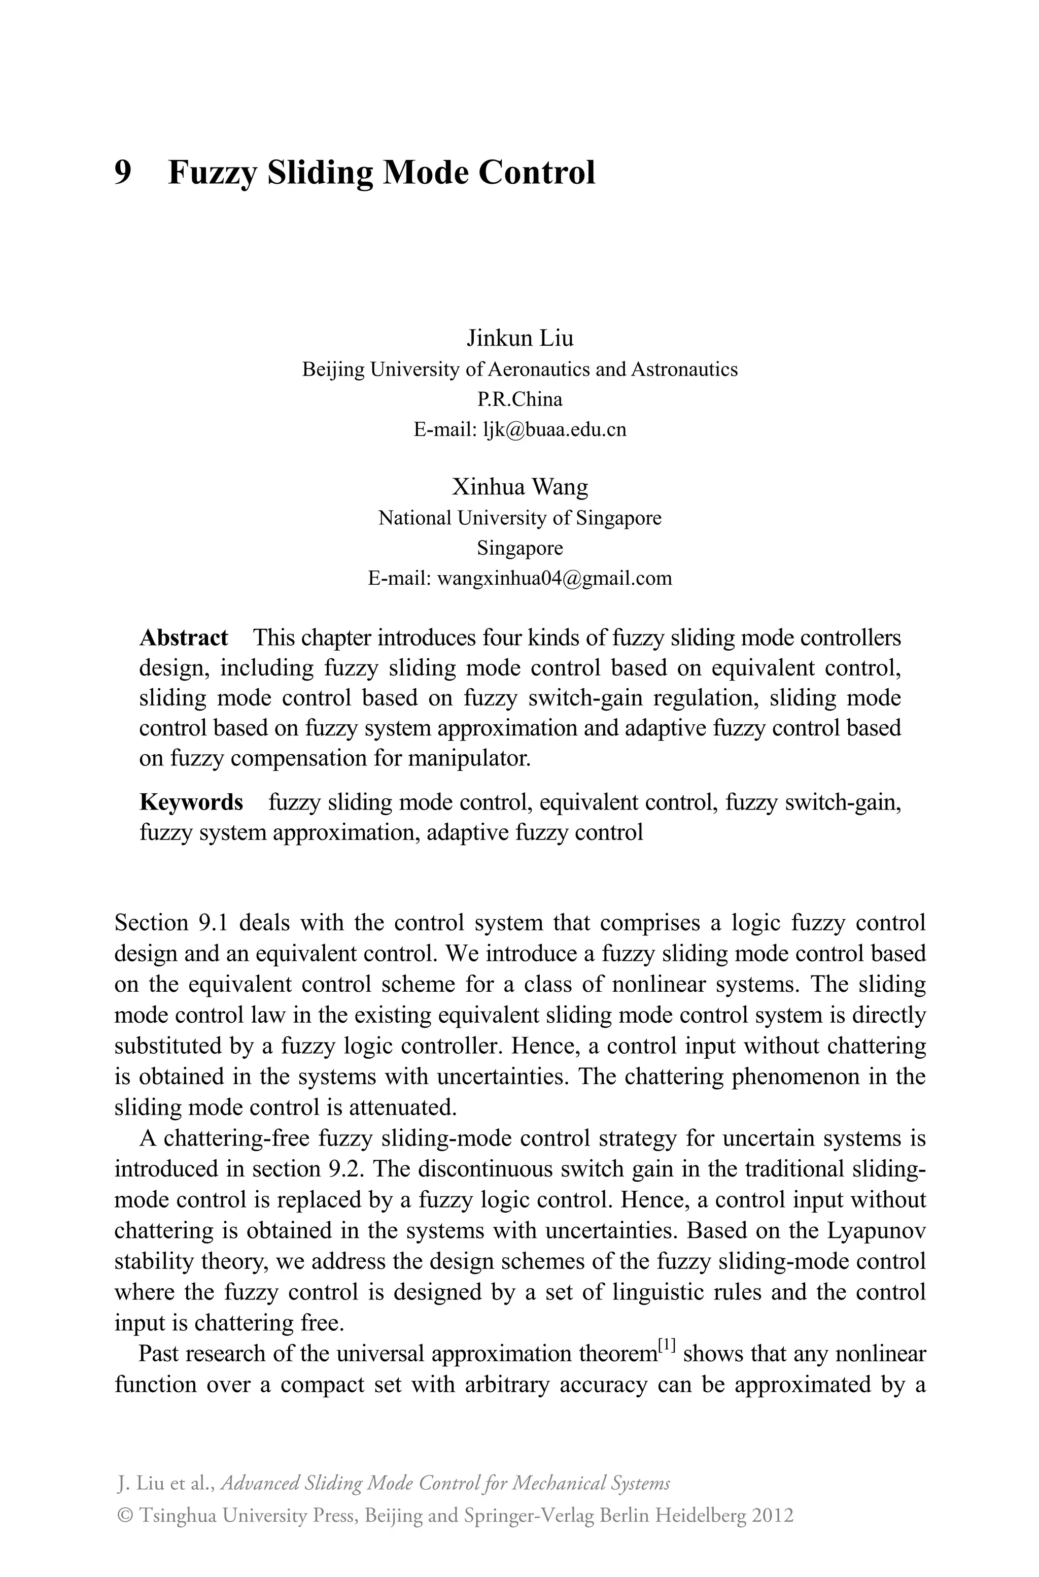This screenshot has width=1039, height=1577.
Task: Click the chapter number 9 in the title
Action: tap(123, 173)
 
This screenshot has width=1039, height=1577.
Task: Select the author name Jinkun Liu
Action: tap(519, 338)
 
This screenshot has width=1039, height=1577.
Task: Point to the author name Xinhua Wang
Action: tap(519, 487)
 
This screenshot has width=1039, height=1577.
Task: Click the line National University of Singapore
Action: tap(519, 518)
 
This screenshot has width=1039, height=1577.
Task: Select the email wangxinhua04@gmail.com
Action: tap(555, 578)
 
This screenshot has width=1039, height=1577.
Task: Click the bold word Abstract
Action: tap(184, 637)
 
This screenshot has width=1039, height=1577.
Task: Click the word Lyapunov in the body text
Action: tap(877, 1230)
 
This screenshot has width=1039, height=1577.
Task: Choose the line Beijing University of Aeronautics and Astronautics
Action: tap(519, 368)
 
